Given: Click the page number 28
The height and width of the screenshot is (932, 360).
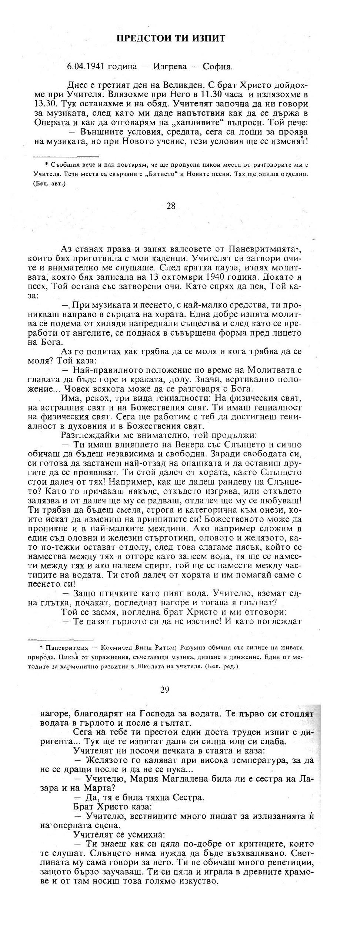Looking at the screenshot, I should click(171, 206).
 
